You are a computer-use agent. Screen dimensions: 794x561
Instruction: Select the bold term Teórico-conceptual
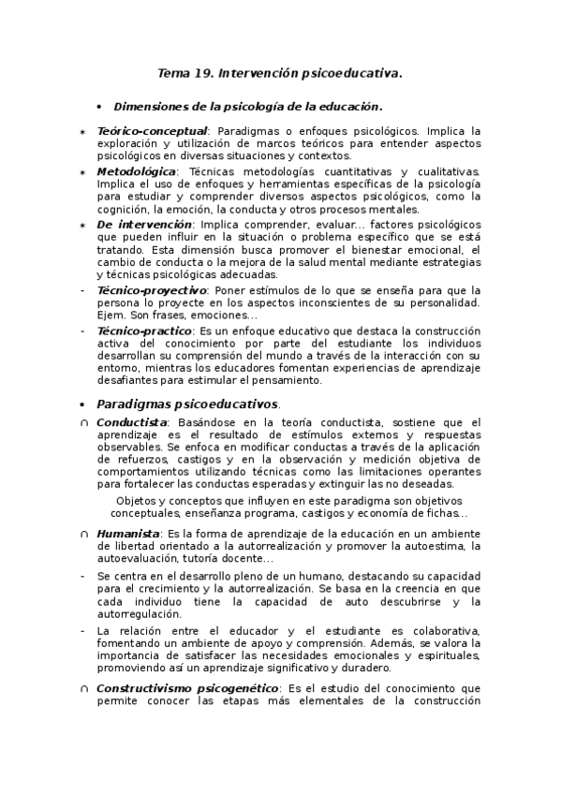pos(152,131)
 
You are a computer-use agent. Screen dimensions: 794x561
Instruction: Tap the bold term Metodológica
pos(136,172)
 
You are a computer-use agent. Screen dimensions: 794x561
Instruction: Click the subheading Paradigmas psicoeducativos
pos(187,404)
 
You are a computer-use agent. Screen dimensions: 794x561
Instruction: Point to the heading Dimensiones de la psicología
pos(247,107)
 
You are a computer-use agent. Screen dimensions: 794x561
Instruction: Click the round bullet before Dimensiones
pos(100,107)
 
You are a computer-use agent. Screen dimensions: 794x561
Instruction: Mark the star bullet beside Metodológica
pos(83,173)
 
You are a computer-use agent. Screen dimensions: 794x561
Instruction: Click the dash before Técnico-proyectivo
pos(83,291)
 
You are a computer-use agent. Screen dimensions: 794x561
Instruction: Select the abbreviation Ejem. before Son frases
pos(112,316)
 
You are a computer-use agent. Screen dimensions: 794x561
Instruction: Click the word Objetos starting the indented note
pos(127,501)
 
